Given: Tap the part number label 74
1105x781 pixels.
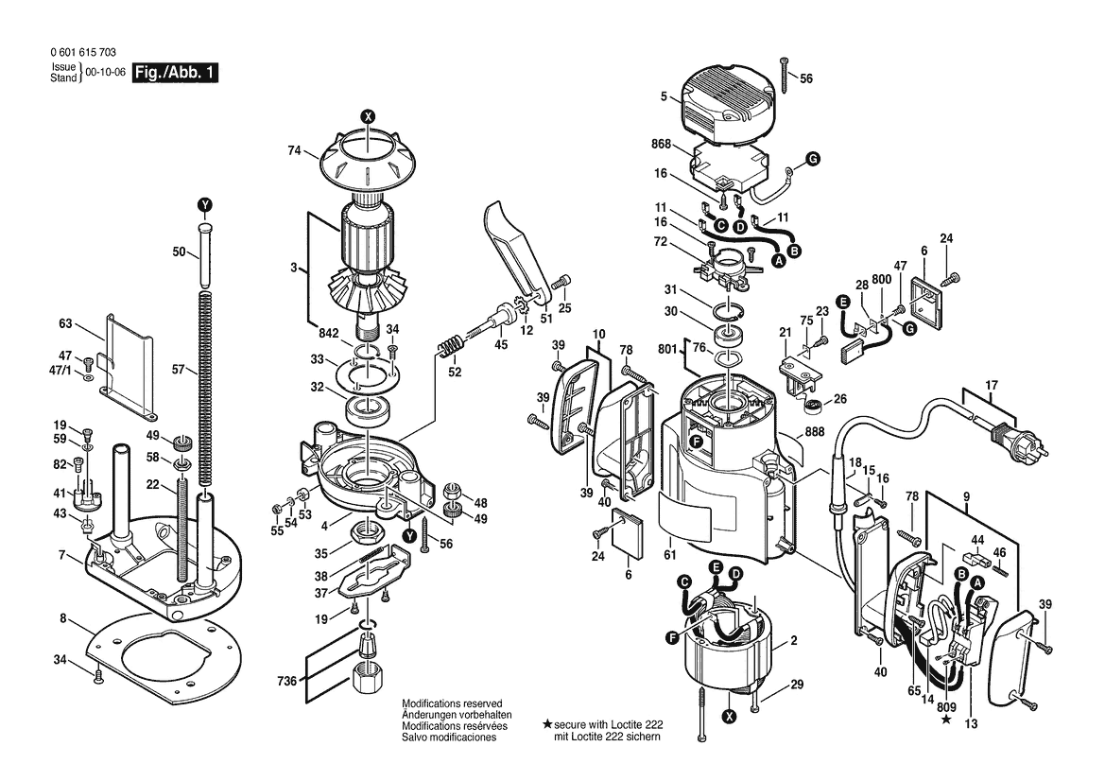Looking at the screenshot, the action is (295, 150).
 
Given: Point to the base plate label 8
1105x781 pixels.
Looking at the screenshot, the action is (63, 619).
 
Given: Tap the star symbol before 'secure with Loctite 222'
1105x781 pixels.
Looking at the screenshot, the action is (547, 724).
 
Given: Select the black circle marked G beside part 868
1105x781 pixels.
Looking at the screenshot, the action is (813, 159).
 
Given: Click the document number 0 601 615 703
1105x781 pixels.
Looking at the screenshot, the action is (84, 53).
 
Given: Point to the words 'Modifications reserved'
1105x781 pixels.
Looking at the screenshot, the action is (452, 703).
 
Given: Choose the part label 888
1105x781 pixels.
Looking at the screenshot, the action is (814, 432).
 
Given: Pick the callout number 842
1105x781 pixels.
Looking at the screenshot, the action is (328, 334).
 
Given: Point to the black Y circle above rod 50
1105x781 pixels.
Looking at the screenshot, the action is (204, 205).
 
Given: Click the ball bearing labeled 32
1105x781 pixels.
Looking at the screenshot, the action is (370, 410).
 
